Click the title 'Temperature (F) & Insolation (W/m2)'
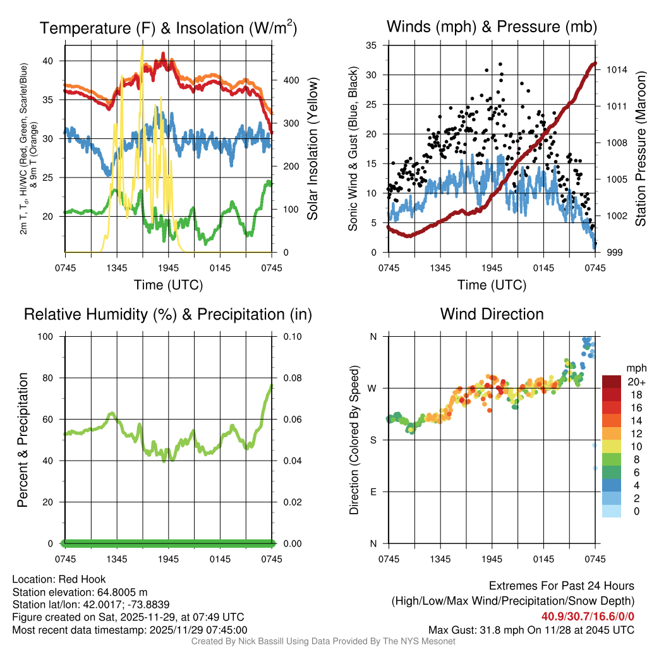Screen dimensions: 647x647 point(168,28)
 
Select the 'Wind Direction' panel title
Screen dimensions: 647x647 point(492,314)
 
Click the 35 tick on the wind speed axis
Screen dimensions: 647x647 point(372,45)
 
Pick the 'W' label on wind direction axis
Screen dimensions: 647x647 point(373,388)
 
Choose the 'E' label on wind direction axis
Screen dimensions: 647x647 point(373,492)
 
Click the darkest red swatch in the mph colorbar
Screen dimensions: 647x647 point(611,382)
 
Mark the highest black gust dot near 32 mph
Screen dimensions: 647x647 point(500,64)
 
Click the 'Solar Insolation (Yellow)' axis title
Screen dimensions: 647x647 point(312,148)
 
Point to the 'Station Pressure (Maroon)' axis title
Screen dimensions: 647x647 point(639,148)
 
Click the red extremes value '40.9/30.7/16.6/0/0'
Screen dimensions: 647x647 point(588,617)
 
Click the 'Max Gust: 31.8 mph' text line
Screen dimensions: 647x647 point(531,629)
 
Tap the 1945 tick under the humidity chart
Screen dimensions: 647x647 point(169,559)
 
